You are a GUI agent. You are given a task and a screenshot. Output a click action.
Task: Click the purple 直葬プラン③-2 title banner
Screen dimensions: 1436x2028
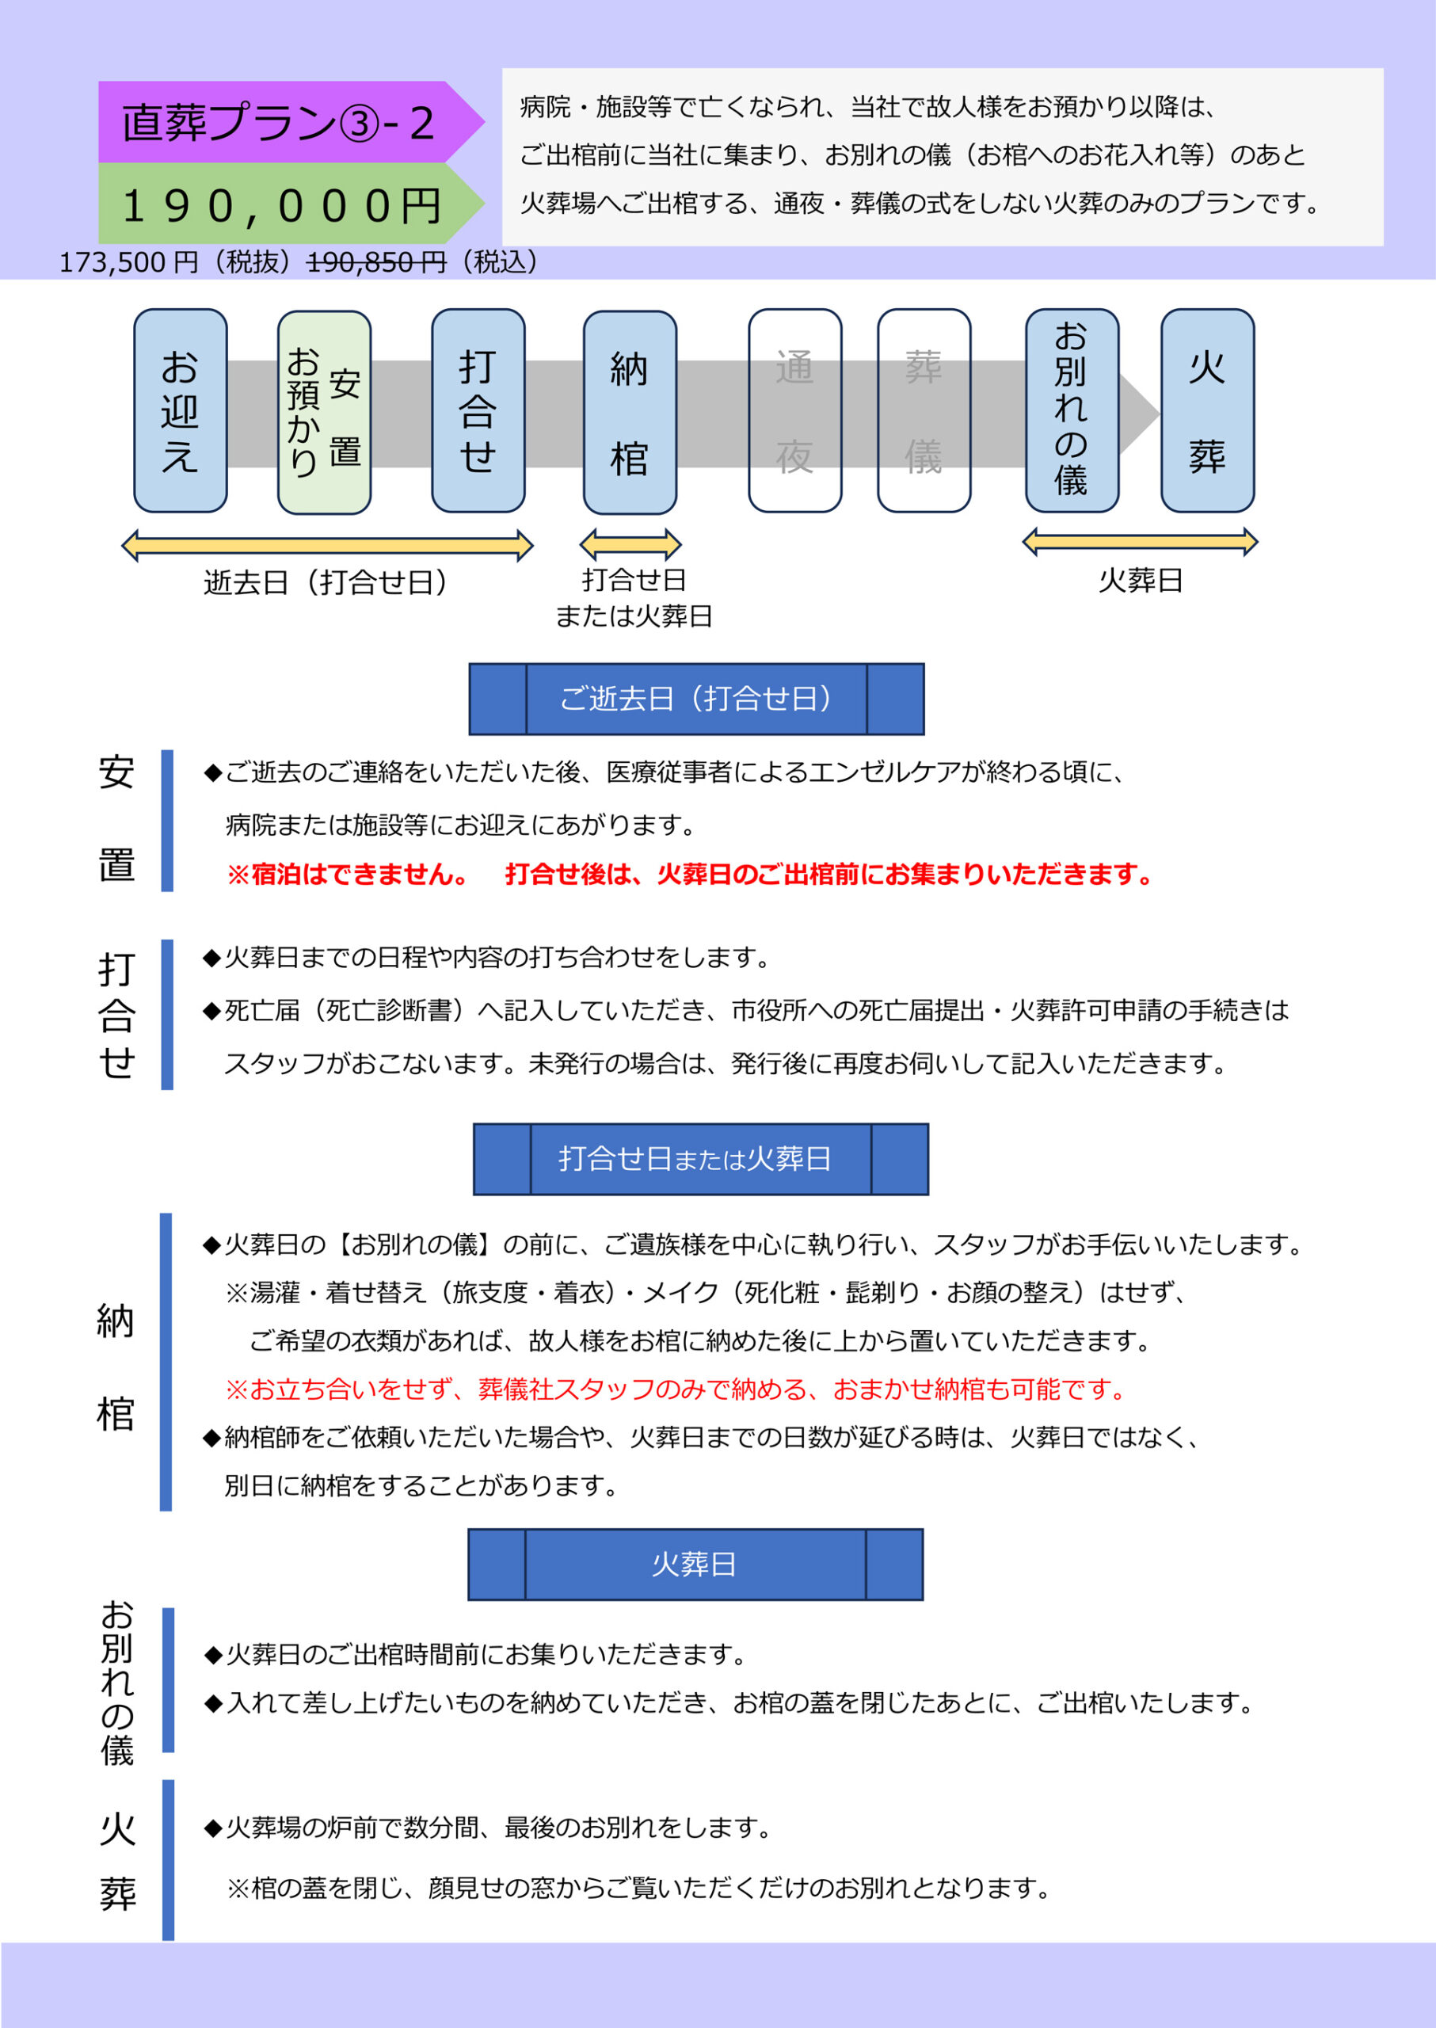pos(290,122)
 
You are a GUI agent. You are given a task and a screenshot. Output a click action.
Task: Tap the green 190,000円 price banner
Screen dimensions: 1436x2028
pos(290,204)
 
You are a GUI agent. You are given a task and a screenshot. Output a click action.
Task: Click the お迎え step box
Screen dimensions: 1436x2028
pos(181,410)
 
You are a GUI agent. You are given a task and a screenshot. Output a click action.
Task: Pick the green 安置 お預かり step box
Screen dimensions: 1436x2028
pos(325,412)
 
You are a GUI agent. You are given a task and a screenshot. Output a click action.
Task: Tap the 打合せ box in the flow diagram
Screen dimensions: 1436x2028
pos(478,410)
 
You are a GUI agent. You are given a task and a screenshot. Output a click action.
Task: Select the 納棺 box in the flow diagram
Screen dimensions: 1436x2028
pos(630,412)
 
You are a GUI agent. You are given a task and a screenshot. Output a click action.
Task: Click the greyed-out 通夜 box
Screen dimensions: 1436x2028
pos(795,410)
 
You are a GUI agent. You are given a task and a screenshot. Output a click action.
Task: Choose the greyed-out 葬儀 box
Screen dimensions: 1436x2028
pos(924,410)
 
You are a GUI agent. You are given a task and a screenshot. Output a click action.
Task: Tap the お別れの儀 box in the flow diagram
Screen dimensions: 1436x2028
pos(1072,410)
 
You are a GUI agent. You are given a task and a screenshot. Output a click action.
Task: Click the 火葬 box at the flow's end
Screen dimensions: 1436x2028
pos(1208,410)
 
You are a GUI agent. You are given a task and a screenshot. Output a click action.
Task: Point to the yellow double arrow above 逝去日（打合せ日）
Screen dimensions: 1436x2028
pos(327,546)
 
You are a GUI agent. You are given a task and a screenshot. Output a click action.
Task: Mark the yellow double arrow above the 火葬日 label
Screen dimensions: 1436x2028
pos(1140,541)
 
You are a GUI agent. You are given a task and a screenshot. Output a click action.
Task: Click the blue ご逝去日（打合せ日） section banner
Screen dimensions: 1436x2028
pos(697,699)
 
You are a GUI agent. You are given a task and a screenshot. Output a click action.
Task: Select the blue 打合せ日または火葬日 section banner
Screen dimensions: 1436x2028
pos(701,1160)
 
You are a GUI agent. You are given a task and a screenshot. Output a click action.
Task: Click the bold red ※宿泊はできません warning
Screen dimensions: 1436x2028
pos(348,875)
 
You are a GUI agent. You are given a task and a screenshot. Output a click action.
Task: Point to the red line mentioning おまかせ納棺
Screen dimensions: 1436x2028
pos(676,1389)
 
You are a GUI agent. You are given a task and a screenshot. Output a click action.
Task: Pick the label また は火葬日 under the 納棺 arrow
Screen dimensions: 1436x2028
pos(634,616)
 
